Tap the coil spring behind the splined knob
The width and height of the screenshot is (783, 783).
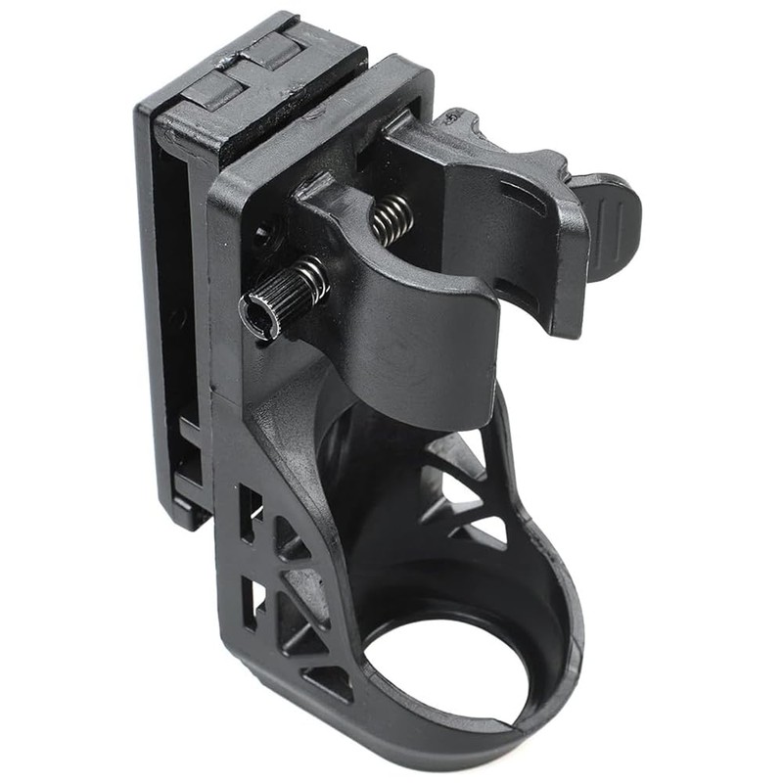tap(311, 278)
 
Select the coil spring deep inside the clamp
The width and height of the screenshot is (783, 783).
tap(391, 219)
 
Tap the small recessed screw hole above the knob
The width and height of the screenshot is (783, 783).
tap(261, 233)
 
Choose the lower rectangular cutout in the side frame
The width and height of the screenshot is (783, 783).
tap(253, 601)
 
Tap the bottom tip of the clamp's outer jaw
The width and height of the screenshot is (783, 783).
tap(563, 328)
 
